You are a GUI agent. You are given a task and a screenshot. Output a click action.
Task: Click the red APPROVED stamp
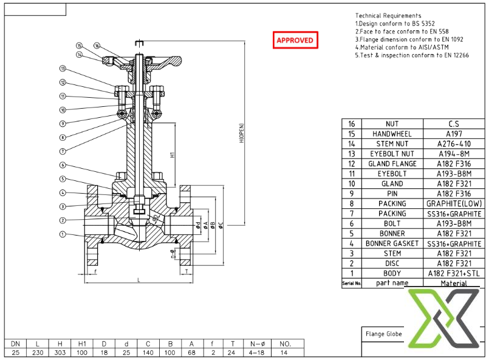click(x=295, y=40)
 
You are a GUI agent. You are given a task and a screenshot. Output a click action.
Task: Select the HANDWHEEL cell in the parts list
click(x=392, y=134)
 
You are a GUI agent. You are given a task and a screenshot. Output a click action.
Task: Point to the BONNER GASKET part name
click(x=392, y=243)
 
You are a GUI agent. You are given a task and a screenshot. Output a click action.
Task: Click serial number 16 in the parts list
click(x=351, y=124)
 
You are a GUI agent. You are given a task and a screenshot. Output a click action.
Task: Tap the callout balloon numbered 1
click(x=63, y=234)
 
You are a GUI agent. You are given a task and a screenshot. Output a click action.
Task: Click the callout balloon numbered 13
click(x=63, y=69)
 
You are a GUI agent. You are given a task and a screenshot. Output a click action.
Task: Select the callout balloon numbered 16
click(x=97, y=46)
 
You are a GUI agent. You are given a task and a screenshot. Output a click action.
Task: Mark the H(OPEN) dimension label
click(x=241, y=133)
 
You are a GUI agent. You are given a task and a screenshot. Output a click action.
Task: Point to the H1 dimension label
click(x=173, y=155)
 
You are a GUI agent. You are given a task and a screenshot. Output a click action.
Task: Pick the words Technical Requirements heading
click(x=388, y=16)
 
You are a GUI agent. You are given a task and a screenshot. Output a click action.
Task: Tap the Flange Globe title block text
click(x=383, y=333)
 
